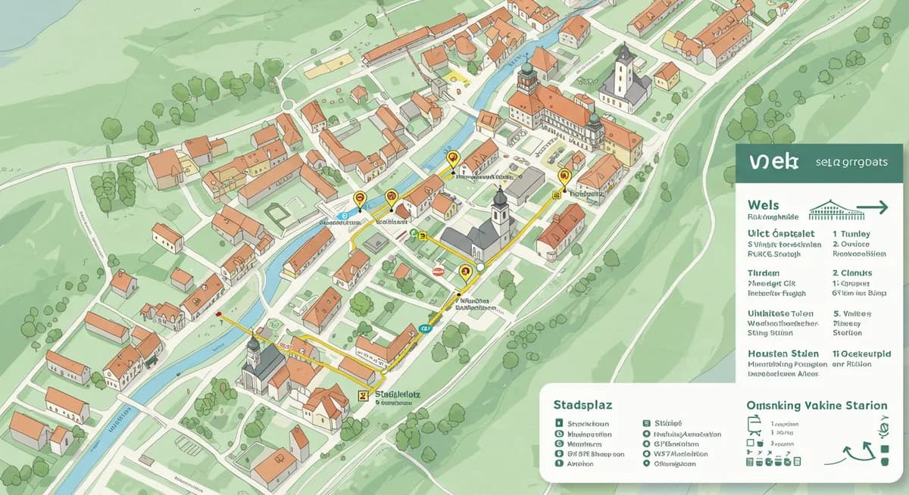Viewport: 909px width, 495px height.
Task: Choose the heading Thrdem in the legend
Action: coord(762,272)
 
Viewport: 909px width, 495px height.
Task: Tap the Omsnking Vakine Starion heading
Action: coord(817,406)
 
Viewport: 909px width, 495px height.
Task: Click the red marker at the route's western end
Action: coord(219,313)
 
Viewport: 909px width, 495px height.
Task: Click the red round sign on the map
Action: coord(437,269)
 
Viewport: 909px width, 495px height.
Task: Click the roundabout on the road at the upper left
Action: coord(289,104)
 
